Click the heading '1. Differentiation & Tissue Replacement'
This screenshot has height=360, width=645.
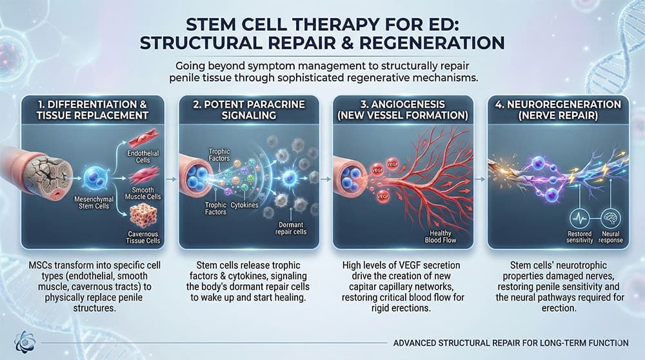[x=88, y=109]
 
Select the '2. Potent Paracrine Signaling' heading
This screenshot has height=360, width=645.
[x=243, y=109]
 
